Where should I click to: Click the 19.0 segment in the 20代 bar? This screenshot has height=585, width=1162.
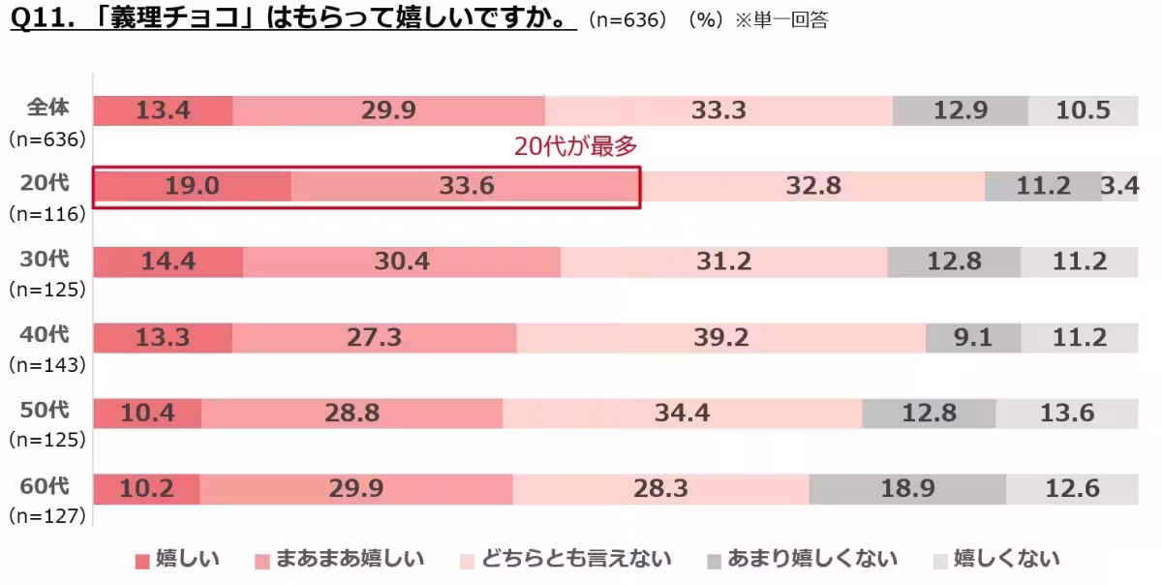pyautogui.click(x=192, y=186)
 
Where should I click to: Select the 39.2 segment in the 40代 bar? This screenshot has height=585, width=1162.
pyautogui.click(x=720, y=338)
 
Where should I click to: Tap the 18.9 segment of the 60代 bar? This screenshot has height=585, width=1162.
pyautogui.click(x=907, y=489)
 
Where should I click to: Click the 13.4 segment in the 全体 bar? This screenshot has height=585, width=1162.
pyautogui.click(x=163, y=110)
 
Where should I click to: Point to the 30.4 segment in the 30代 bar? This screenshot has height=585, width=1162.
pyautogui.click(x=401, y=262)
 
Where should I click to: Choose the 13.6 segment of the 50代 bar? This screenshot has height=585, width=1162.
pyautogui.click(x=1066, y=414)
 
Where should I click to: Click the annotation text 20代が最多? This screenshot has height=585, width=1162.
pyautogui.click(x=575, y=146)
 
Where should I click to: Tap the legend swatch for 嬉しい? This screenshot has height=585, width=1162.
pyautogui.click(x=142, y=561)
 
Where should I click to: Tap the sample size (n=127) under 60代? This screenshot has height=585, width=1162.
pyautogui.click(x=47, y=516)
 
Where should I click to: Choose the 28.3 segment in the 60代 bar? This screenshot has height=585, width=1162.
pyautogui.click(x=660, y=489)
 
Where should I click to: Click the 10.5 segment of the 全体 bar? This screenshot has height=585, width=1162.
pyautogui.click(x=1083, y=110)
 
